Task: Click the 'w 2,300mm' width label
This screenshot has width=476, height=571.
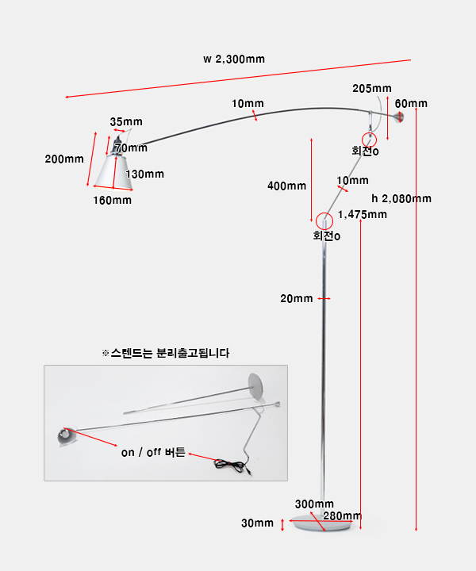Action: click(x=234, y=59)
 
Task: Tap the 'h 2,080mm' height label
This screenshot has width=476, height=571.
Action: click(x=401, y=198)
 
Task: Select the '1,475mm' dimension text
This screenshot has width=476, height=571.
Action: click(x=362, y=214)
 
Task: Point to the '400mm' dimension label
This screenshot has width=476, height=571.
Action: click(x=286, y=186)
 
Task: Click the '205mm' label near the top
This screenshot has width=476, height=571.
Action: click(x=372, y=88)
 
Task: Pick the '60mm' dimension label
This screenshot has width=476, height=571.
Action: click(x=411, y=104)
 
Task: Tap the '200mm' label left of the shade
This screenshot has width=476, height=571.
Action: click(x=64, y=159)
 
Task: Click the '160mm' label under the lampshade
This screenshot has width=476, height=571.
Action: click(x=112, y=200)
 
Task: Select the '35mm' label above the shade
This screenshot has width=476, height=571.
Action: click(x=126, y=121)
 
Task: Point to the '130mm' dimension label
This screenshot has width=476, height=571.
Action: click(x=144, y=174)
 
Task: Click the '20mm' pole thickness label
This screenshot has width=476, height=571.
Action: click(x=297, y=299)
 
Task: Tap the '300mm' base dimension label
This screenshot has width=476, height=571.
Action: click(x=314, y=504)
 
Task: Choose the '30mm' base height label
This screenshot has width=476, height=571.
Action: click(x=257, y=523)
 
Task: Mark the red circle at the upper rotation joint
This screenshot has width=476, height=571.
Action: click(x=371, y=138)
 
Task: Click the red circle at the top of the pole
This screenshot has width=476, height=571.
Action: click(x=324, y=221)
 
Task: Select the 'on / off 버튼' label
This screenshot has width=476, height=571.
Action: click(x=153, y=453)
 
